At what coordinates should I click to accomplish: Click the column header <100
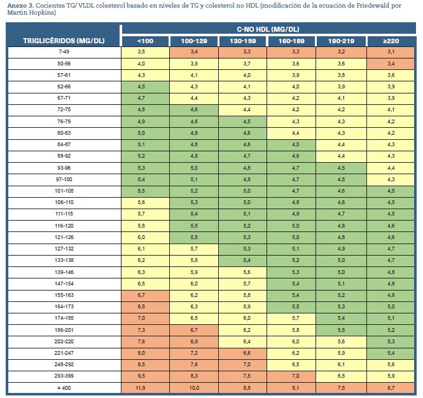click(146, 41)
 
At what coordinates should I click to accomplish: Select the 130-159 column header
click(243, 41)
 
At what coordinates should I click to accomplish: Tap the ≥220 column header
click(391, 41)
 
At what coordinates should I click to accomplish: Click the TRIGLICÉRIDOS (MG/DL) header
click(64, 41)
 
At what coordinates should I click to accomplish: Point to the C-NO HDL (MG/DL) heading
click(268, 29)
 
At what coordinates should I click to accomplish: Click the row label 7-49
click(64, 51)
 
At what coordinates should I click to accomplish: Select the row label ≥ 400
click(64, 388)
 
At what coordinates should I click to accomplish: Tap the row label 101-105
click(64, 191)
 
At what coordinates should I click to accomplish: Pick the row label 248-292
click(64, 364)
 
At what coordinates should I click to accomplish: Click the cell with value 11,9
click(141, 388)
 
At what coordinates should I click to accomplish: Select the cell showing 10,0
click(194, 388)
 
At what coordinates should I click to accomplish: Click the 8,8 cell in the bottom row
click(247, 388)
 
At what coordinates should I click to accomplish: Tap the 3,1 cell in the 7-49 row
click(391, 51)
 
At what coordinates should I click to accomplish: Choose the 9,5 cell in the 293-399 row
click(141, 376)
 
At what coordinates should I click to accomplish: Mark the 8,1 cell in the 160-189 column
click(295, 388)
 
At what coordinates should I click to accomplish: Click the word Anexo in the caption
click(17, 5)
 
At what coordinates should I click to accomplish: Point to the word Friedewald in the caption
click(373, 5)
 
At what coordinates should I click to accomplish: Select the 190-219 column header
click(341, 41)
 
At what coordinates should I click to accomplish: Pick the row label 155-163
click(64, 295)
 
